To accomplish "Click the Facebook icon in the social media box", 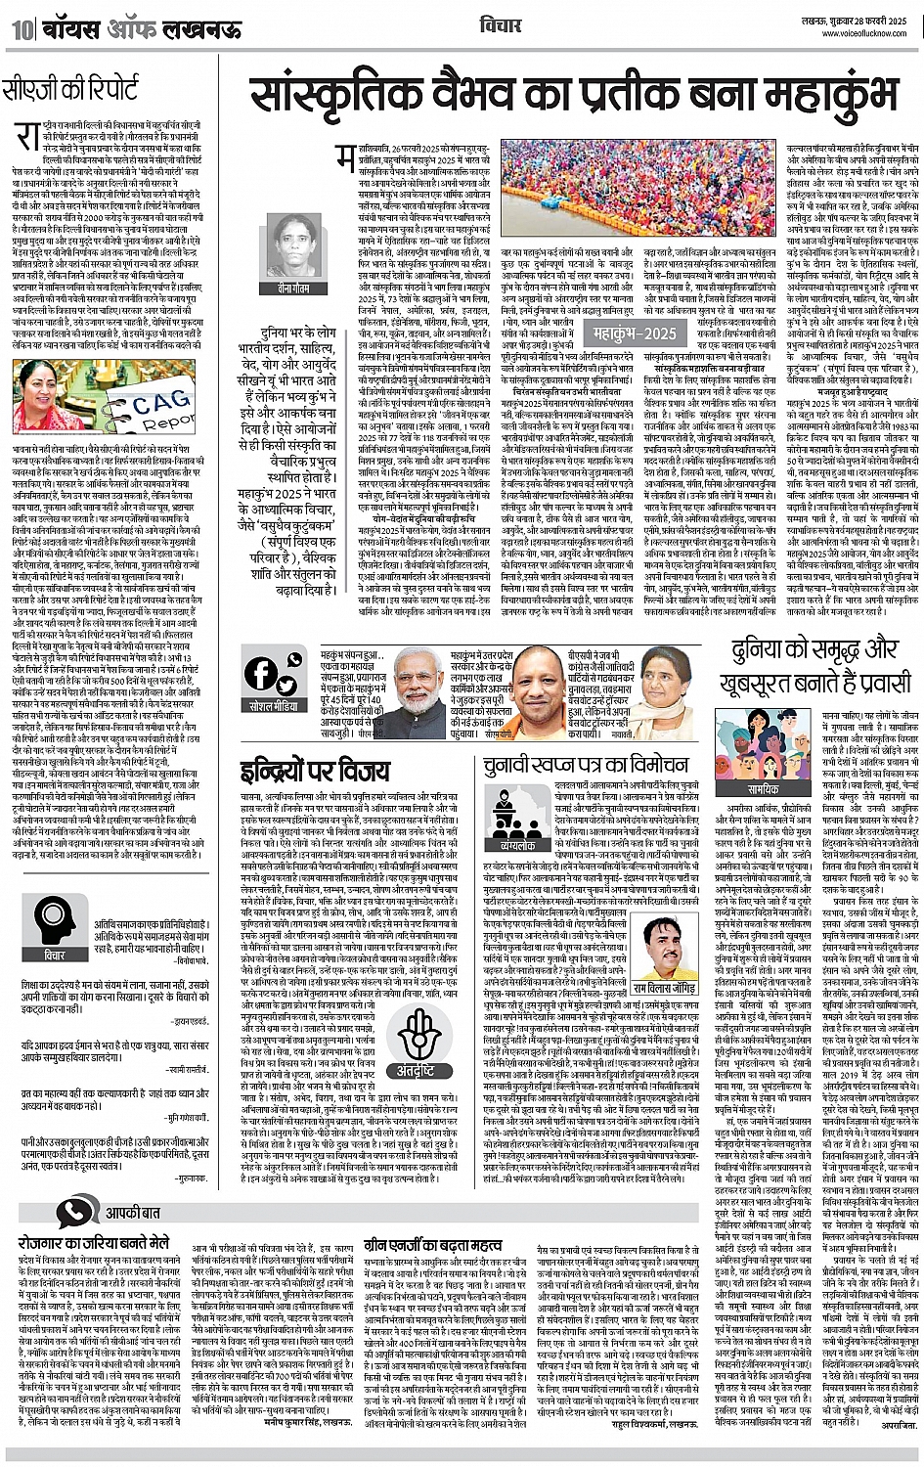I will point(261,672).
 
